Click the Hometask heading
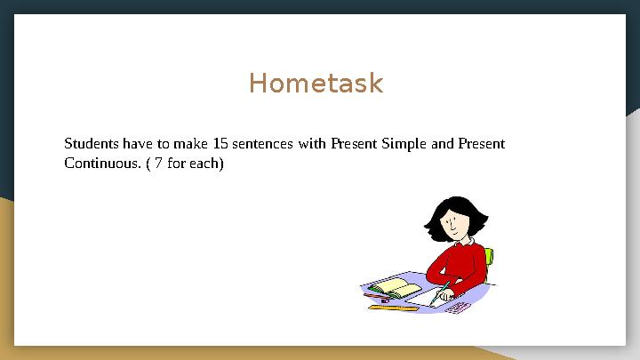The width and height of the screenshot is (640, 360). (x=316, y=84)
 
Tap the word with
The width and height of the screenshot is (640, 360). (x=312, y=143)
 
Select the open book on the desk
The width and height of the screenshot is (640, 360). (x=396, y=288)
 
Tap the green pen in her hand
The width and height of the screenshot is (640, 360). (x=438, y=293)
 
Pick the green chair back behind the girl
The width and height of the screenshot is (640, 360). (x=490, y=257)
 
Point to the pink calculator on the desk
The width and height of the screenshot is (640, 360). (x=457, y=308)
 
